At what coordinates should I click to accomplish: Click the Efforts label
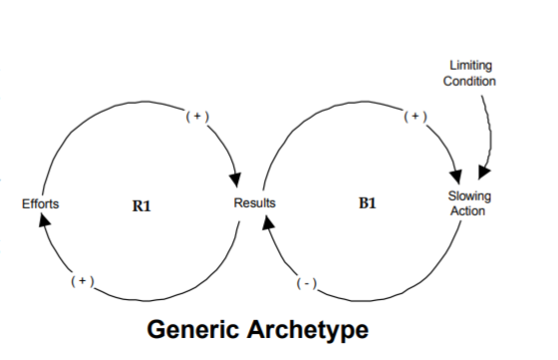pos(40,203)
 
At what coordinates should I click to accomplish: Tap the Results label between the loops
pos(254,203)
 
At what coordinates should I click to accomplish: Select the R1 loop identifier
pos(141,204)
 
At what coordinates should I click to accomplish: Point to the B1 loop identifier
pos(366,204)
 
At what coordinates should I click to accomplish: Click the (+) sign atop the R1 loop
pos(195,117)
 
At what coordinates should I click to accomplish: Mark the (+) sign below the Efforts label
pos(82,282)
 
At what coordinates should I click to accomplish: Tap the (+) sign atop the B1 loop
pos(416,117)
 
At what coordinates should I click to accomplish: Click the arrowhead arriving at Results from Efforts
pos(236,180)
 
